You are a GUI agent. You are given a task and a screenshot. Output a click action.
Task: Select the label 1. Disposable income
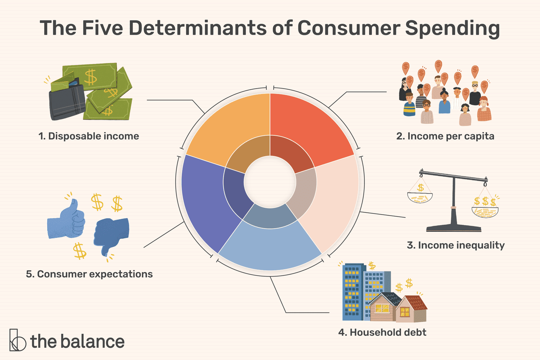point(89,136)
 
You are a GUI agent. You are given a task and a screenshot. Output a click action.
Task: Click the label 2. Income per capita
point(445,136)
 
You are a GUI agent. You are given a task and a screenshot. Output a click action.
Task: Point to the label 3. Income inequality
point(455,245)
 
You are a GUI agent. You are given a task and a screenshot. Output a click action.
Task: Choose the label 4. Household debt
point(382,332)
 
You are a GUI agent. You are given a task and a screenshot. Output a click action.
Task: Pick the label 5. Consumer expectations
point(89,274)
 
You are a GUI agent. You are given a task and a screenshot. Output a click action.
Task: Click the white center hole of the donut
point(270,182)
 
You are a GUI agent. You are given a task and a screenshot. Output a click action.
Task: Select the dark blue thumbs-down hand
point(110,234)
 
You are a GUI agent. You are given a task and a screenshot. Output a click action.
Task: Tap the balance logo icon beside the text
point(17,340)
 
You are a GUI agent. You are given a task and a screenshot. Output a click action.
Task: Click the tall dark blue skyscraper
point(352,292)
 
